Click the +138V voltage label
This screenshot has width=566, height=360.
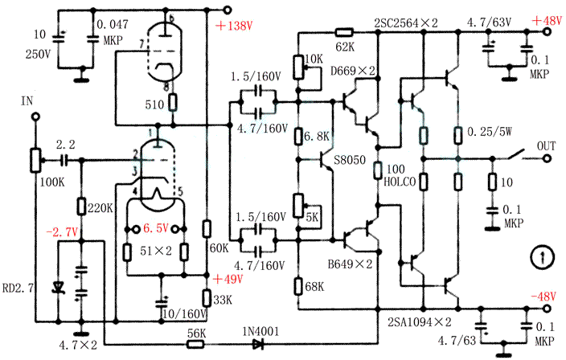point(234,26)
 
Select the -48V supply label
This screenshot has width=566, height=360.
point(543,297)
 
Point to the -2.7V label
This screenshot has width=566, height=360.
point(61,231)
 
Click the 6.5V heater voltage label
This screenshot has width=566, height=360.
point(158,228)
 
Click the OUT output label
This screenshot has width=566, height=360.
point(546,145)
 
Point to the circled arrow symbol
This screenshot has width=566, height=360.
point(544,257)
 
